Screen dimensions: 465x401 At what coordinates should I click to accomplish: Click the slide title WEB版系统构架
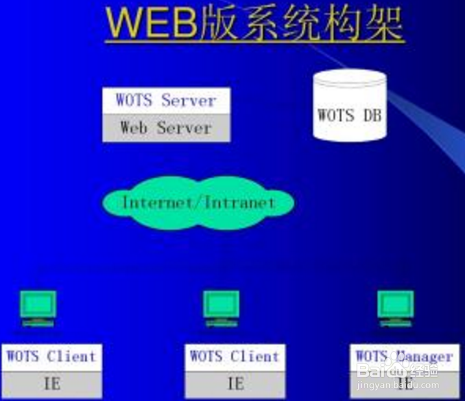tap(255, 25)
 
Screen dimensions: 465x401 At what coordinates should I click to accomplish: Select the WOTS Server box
tap(166, 100)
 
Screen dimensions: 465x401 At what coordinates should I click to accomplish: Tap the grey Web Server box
tap(166, 128)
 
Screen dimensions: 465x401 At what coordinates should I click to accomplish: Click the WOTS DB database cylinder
tap(349, 108)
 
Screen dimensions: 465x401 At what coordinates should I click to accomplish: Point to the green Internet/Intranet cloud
tap(198, 203)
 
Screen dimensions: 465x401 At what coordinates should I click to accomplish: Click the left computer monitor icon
tap(38, 308)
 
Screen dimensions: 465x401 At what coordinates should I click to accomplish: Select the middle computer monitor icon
tap(221, 308)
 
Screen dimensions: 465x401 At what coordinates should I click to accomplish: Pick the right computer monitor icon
tap(396, 308)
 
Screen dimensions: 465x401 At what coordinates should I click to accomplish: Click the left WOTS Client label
tap(51, 356)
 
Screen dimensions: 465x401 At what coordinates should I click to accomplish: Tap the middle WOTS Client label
tap(235, 356)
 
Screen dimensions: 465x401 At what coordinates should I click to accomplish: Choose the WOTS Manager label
tap(403, 356)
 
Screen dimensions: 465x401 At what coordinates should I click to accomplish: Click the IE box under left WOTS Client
tap(51, 384)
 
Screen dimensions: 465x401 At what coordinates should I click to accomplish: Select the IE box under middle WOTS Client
tap(235, 384)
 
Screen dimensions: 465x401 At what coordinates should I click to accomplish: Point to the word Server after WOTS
tap(188, 100)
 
